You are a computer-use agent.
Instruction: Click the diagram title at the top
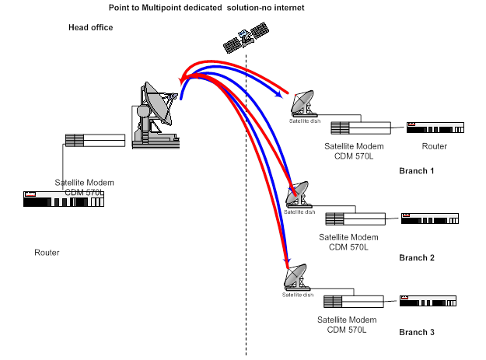206,7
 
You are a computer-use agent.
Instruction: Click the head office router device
63,198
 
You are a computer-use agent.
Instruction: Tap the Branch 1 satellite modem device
359,128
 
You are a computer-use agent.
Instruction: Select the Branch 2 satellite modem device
354,218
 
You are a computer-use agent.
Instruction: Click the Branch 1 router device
435,125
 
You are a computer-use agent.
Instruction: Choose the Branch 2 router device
430,217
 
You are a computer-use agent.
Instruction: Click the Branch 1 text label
417,170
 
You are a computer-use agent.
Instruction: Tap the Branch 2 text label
417,257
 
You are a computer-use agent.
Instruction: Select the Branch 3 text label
417,332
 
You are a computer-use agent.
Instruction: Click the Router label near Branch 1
435,145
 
